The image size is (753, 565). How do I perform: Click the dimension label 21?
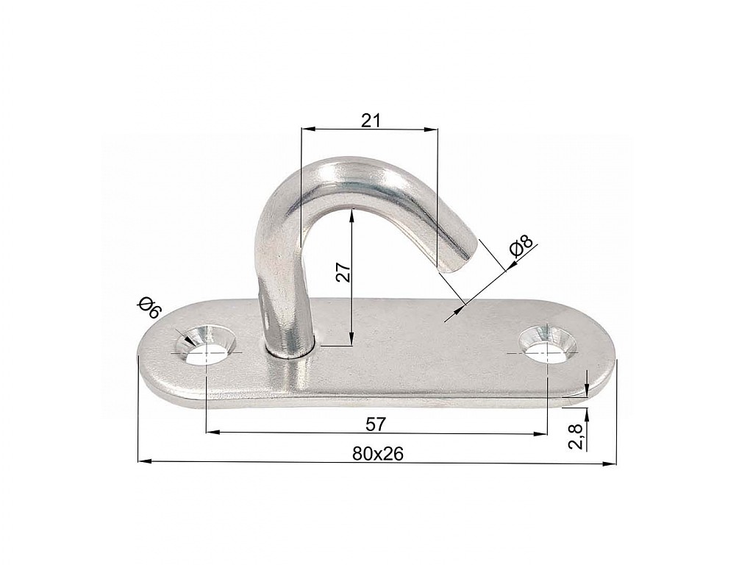pyautogui.click(x=371, y=121)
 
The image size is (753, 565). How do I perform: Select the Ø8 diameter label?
pyautogui.click(x=521, y=247)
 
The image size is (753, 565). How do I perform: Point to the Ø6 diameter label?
pyautogui.click(x=149, y=308)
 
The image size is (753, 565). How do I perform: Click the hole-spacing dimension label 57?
pyautogui.click(x=376, y=424)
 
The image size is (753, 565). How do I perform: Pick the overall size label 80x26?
pyautogui.click(x=377, y=453)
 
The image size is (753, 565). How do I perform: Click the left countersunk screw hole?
pyautogui.click(x=205, y=346)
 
